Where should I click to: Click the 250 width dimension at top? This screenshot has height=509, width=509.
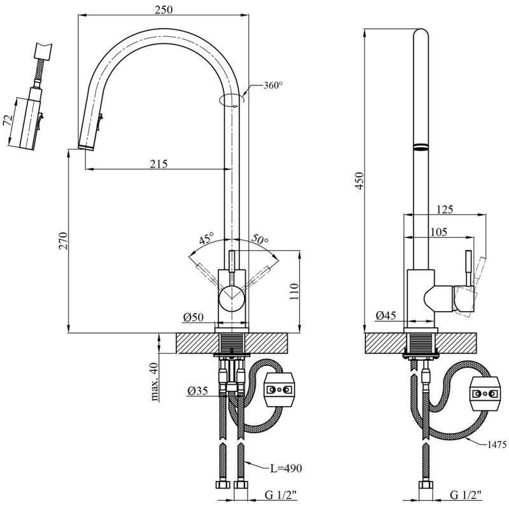pos(163,10)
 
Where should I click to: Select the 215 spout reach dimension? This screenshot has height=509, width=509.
pos(158,164)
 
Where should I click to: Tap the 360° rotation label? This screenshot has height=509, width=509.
pos(272,86)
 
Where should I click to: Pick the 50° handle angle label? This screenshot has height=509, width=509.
pos(260,240)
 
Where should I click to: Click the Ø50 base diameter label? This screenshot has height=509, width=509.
pos(193,317)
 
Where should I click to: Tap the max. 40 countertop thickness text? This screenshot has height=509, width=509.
pos(154,382)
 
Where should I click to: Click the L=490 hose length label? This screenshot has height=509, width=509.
pos(284,468)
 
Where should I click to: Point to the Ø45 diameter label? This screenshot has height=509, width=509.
pos(386,316)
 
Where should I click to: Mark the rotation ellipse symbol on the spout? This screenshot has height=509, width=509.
pos(230,100)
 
